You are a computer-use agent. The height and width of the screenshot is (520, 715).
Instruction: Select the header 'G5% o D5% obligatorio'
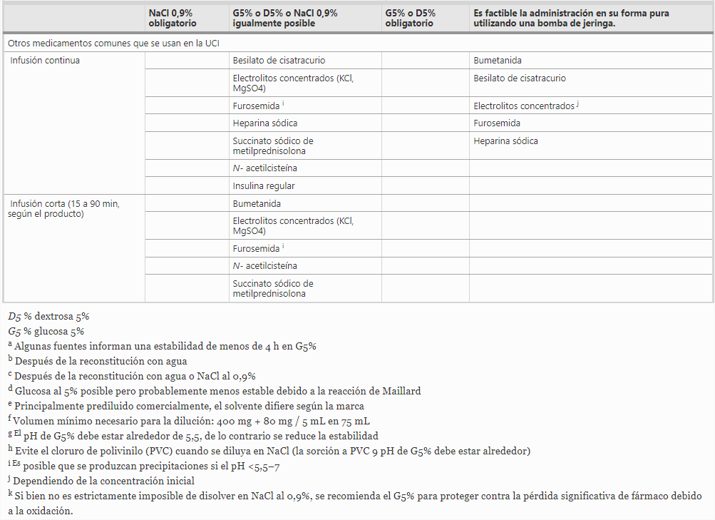pos(411,18)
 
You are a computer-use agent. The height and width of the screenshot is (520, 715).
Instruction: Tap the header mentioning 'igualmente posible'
pos(285,18)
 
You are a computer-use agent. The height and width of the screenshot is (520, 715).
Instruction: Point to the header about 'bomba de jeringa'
pos(570,18)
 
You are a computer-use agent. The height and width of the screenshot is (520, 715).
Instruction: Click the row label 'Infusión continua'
pos(45,61)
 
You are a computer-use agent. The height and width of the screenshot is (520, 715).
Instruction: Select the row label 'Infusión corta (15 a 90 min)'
pos(64,208)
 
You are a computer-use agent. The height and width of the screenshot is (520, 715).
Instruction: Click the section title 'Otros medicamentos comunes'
pos(113,44)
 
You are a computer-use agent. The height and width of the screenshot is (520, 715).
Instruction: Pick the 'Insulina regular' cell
pos(264,186)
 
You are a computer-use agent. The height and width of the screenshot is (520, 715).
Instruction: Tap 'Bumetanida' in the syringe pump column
pos(498,61)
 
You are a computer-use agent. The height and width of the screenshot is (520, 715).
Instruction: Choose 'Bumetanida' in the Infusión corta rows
pos(257,204)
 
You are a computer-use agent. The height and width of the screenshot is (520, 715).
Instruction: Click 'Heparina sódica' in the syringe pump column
pos(505,141)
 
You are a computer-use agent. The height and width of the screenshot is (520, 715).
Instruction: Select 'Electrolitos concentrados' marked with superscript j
pos(524,106)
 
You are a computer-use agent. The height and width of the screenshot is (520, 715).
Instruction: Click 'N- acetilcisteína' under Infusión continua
pos(264,168)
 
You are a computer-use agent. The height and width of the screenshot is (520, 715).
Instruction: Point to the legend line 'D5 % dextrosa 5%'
pos(48,316)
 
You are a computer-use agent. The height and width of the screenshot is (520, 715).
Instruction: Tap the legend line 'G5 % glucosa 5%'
pos(46,331)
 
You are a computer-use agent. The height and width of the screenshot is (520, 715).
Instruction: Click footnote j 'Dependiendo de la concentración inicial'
pos(103,481)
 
